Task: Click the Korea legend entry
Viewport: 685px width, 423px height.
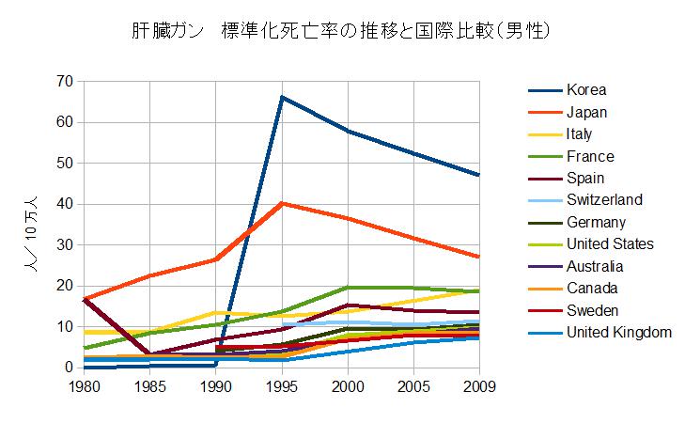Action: click(x=586, y=90)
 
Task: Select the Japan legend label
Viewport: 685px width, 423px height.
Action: click(x=588, y=113)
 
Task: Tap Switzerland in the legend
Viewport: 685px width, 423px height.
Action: click(x=604, y=200)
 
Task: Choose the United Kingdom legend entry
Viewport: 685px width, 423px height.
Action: click(x=619, y=332)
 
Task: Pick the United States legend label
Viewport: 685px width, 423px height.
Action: click(x=610, y=244)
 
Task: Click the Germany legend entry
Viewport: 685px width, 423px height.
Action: click(x=596, y=223)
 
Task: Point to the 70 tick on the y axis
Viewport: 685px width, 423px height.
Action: click(x=64, y=82)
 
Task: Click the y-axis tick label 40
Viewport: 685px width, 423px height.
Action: click(x=64, y=204)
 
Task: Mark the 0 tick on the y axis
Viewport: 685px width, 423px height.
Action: click(x=69, y=368)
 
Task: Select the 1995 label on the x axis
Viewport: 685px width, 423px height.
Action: click(x=282, y=385)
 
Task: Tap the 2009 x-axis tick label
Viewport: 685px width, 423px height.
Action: click(x=479, y=385)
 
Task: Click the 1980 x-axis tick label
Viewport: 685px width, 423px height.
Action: click(x=85, y=385)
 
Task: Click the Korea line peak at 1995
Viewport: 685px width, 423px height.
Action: click(x=282, y=97)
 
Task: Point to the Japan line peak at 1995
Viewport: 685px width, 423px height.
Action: click(x=282, y=203)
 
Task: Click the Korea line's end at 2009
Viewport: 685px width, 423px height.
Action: click(x=479, y=175)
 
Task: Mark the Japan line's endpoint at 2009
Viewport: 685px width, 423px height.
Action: click(x=479, y=257)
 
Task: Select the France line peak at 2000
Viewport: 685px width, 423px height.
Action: click(x=348, y=287)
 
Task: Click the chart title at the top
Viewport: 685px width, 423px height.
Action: click(x=341, y=31)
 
